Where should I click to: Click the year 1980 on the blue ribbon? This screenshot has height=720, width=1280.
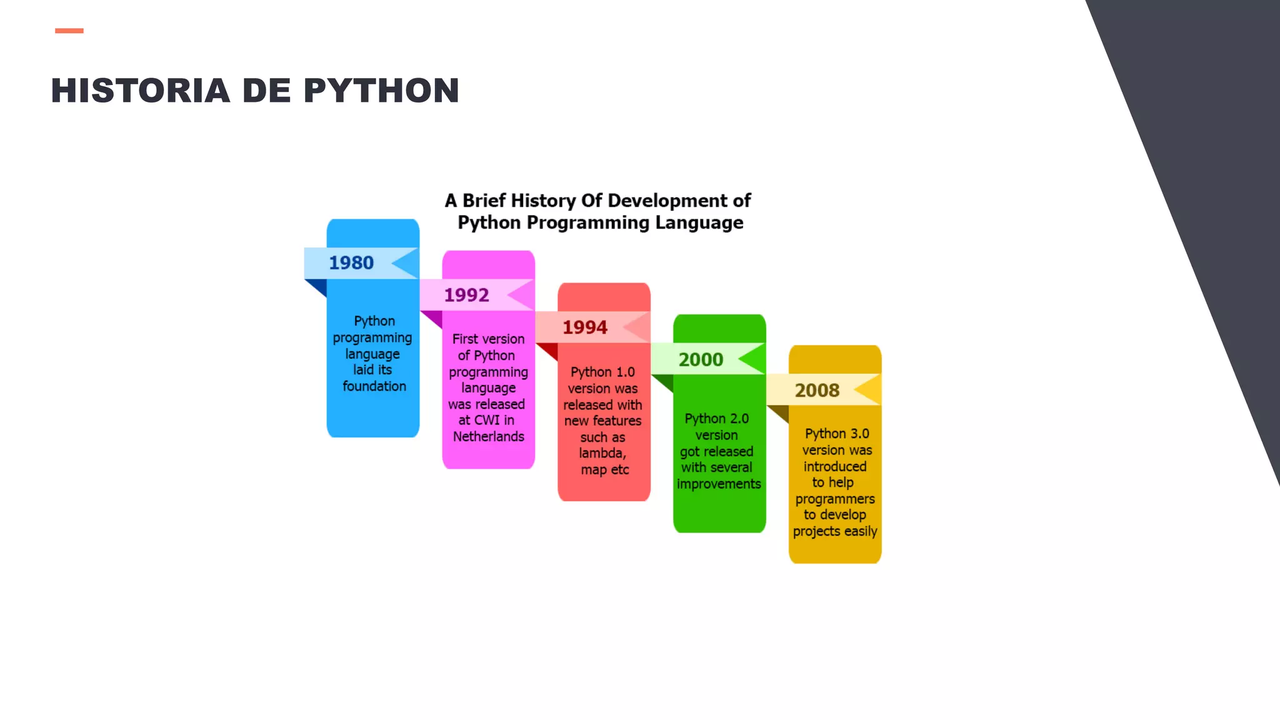pyautogui.click(x=351, y=263)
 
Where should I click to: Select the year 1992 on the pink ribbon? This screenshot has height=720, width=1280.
pyautogui.click(x=466, y=295)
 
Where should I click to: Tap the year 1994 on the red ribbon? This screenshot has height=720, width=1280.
pyautogui.click(x=585, y=327)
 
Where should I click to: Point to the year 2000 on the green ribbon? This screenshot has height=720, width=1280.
pyautogui.click(x=701, y=360)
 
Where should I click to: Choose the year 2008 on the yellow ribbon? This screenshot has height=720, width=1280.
pyautogui.click(x=817, y=391)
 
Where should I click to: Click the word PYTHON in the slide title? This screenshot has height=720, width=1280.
pyautogui.click(x=381, y=91)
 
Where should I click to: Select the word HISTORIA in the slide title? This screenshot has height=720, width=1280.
pyautogui.click(x=141, y=91)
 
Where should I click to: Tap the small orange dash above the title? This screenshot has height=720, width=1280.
pyautogui.click(x=69, y=31)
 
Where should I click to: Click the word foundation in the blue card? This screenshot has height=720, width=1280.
pyautogui.click(x=374, y=386)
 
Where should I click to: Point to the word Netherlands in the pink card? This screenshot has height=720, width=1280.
pyautogui.click(x=489, y=437)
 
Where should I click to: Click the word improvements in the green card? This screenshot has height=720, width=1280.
pyautogui.click(x=719, y=484)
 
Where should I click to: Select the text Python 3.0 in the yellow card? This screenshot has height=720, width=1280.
pyautogui.click(x=837, y=434)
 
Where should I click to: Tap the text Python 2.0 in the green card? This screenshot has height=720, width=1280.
pyautogui.click(x=716, y=419)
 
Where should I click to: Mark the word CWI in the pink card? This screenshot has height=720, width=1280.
pyautogui.click(x=486, y=421)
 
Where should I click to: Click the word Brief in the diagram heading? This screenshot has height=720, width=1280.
pyautogui.click(x=484, y=201)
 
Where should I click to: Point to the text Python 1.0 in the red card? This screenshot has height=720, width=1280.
pyautogui.click(x=602, y=372)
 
